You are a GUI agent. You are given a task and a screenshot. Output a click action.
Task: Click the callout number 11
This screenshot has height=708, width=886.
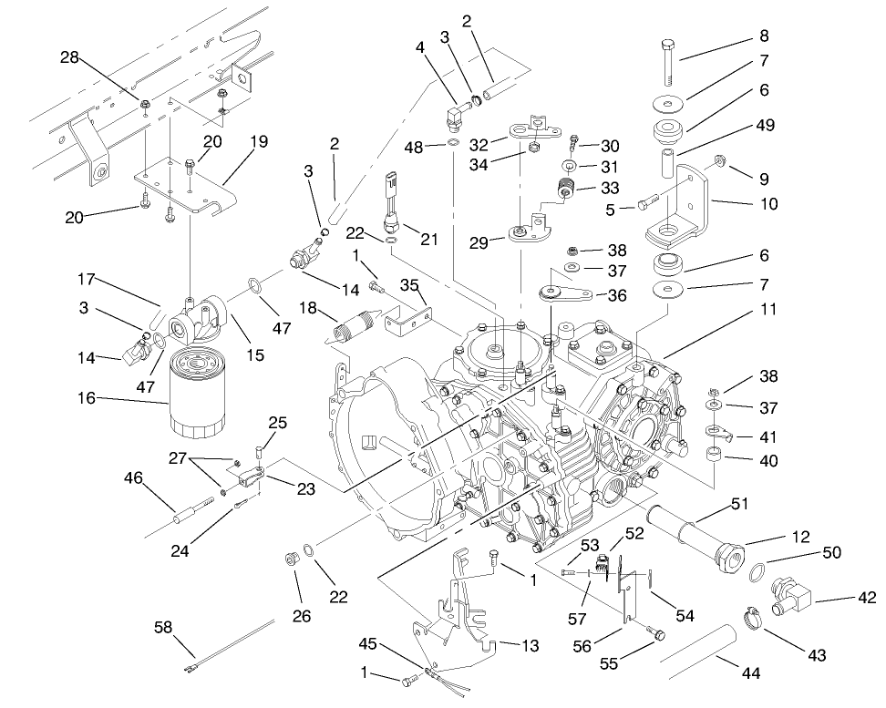coord(768,310)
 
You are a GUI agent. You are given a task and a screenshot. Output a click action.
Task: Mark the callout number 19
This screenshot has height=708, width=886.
coord(259,141)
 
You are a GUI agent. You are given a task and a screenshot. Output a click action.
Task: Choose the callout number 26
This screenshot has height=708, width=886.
coord(301,617)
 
